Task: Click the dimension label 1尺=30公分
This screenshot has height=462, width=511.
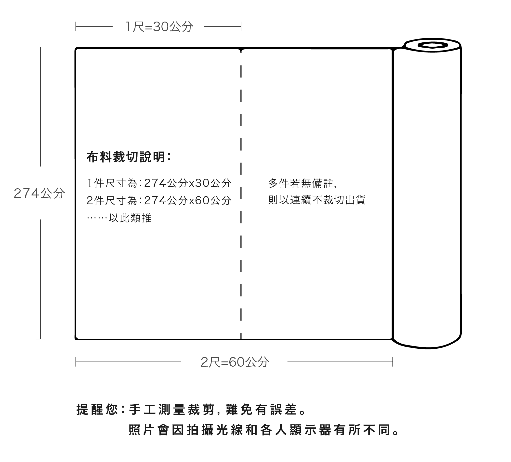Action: point(159,27)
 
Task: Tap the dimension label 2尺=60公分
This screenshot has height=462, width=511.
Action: point(235,362)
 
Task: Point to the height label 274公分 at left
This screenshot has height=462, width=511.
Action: point(39,193)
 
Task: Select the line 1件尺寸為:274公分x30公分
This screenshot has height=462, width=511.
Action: point(159,183)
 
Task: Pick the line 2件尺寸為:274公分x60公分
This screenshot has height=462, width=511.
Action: point(159,200)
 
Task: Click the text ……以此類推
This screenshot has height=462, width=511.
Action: point(119,218)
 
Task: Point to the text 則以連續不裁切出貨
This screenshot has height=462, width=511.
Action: point(317,200)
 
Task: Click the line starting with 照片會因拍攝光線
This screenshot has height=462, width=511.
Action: point(264,430)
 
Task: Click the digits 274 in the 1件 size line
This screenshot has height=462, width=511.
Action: point(155,183)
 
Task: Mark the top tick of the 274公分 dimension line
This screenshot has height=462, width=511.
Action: point(40,47)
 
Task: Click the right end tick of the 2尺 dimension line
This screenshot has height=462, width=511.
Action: point(393,362)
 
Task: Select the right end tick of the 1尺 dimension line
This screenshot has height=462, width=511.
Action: point(241,26)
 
